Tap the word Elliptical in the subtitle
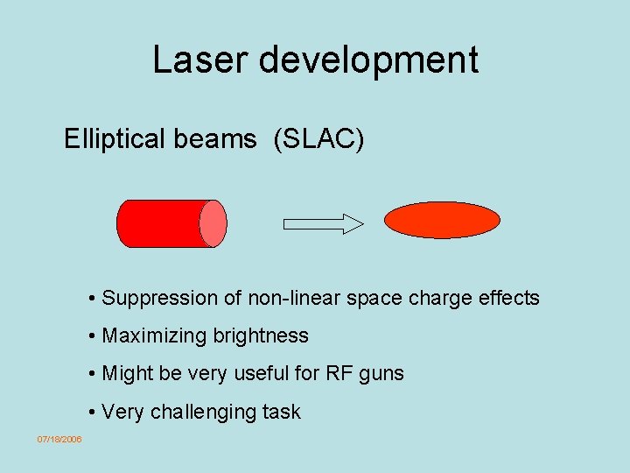[x=115, y=138]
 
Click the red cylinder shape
[x=162, y=223]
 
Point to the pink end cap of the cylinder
[x=213, y=223]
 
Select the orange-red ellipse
[x=443, y=220]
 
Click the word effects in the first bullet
[x=508, y=298]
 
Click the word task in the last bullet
[x=280, y=412]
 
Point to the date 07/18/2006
[x=59, y=439]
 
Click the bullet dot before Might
[x=92, y=374]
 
